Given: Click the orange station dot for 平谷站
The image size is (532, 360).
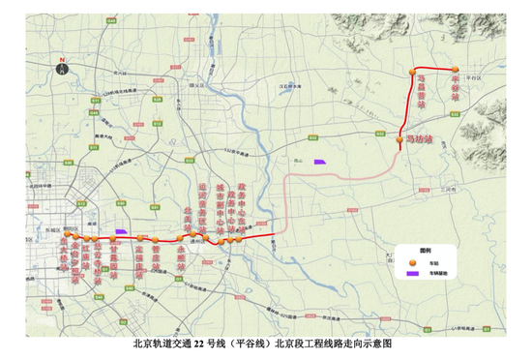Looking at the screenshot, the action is [455, 70].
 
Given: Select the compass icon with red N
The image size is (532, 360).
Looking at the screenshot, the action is [62, 68].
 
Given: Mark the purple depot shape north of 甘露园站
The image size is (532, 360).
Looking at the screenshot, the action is [121, 231].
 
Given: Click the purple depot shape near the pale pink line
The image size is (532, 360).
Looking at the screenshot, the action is [318, 161].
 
